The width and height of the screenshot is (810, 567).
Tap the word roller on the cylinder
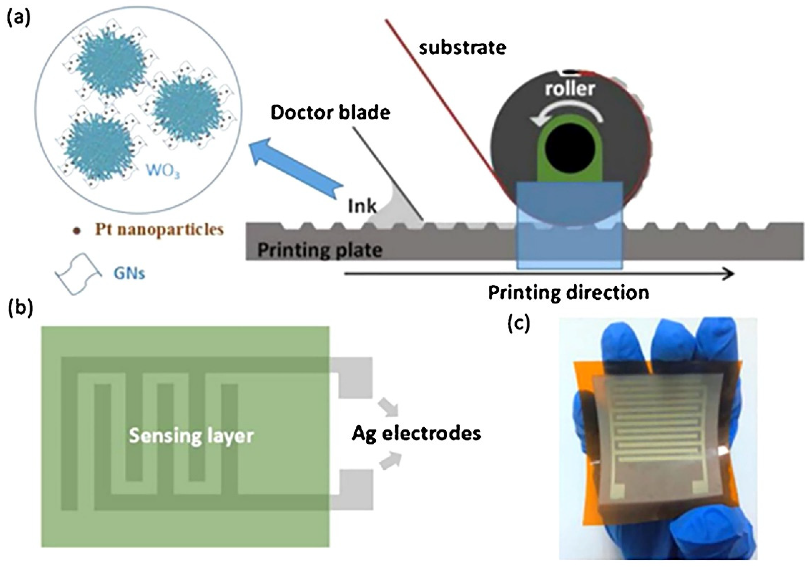tap(570, 88)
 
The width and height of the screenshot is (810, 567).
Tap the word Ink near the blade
tap(362, 206)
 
